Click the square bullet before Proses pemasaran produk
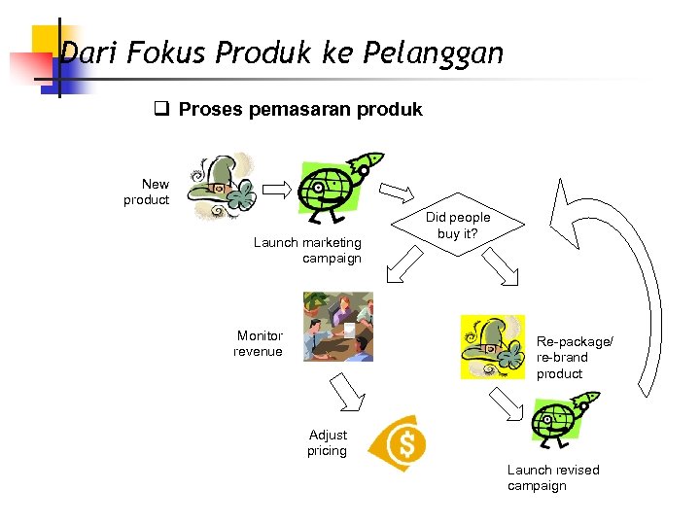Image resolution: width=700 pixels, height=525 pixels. [x=162, y=109]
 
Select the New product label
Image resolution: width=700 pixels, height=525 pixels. [x=147, y=192]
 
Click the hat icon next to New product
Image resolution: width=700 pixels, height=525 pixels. [x=222, y=188]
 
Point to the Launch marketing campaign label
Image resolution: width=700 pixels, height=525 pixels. [x=307, y=250]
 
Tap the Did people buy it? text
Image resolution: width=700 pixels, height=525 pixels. [x=458, y=225]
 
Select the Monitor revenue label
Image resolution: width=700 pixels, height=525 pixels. [x=259, y=343]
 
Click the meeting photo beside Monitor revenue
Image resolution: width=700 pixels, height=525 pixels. [x=337, y=327]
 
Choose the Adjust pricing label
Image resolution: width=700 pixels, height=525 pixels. [x=328, y=442]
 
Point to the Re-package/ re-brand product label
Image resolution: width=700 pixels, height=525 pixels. [x=575, y=358]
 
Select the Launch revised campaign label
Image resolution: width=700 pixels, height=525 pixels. [x=552, y=477]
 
